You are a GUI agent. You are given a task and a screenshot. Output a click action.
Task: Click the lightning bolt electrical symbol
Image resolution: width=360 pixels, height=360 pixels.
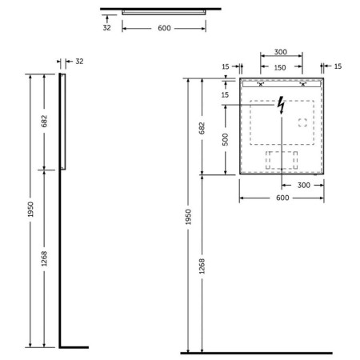tap(281, 106)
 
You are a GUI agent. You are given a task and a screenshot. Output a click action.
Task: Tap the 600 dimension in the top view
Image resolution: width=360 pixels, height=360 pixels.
tap(164, 28)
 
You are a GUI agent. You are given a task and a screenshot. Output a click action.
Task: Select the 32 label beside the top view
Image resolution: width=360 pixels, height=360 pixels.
tap(106, 27)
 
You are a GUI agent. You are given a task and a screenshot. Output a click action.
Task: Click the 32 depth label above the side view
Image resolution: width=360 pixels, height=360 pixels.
tap(79, 62)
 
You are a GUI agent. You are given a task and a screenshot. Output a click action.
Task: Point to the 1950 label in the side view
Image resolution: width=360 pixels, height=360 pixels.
tap(30, 209)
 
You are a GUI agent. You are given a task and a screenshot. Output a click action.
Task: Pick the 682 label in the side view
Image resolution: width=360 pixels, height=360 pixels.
tap(44, 121)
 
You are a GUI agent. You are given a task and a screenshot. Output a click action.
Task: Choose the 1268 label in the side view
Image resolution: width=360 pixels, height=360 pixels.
tap(44, 258)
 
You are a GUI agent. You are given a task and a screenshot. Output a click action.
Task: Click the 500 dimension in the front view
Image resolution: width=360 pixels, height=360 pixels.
tap(226, 139)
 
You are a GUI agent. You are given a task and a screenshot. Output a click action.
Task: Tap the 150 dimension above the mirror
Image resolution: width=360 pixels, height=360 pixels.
tap(280, 68)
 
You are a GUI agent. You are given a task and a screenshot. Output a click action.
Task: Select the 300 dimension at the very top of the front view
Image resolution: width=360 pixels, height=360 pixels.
tap(281, 52)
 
